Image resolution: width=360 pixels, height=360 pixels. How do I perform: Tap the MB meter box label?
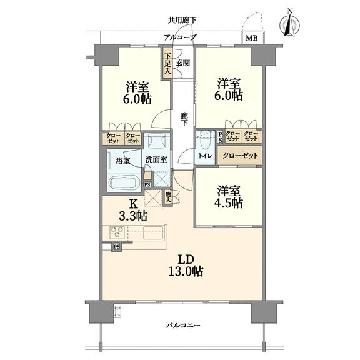coord(252,38)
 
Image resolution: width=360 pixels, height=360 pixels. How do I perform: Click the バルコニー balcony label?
coord(183,326)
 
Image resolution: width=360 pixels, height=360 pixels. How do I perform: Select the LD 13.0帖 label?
coord(186,266)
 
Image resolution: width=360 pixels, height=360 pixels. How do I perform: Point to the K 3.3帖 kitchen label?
coord(133,210)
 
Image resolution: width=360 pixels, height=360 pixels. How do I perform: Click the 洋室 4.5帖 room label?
coord(229,197)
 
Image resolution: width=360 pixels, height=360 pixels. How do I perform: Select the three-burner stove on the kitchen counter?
coord(117,232)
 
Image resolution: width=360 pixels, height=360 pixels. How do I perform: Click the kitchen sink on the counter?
coord(153,232)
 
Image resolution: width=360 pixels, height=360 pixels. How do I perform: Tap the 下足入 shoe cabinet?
coord(168,64)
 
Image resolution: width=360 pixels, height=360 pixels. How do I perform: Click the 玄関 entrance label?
coord(182,63)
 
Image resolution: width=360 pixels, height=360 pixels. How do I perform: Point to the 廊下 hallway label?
coord(184,119)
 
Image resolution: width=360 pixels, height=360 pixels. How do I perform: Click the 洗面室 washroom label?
coord(156,159)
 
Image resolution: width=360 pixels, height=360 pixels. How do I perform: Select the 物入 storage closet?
coord(169,197)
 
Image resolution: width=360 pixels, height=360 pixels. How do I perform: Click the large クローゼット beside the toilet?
coord(240,156)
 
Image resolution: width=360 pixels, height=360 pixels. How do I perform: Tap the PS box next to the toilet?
coord(220,137)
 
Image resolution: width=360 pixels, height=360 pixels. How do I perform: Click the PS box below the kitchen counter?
coord(117,247)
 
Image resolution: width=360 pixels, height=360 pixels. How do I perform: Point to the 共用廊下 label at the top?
coord(182,21)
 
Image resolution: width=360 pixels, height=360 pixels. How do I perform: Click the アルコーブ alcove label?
coord(181,37)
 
